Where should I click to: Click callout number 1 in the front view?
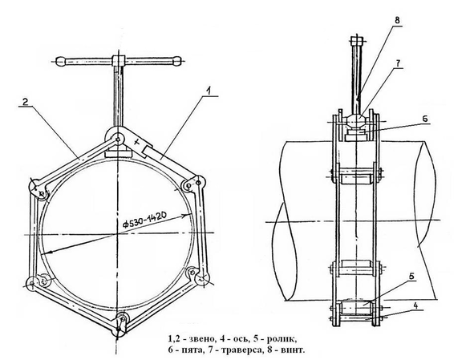coord(210,91)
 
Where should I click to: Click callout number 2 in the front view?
coord(26,102)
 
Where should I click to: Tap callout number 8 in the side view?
coord(397,20)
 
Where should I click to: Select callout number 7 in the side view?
coord(398,63)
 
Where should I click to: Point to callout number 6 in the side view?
coord(425,118)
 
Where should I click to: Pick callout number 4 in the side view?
coord(415,305)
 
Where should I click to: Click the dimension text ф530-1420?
coord(144,223)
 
